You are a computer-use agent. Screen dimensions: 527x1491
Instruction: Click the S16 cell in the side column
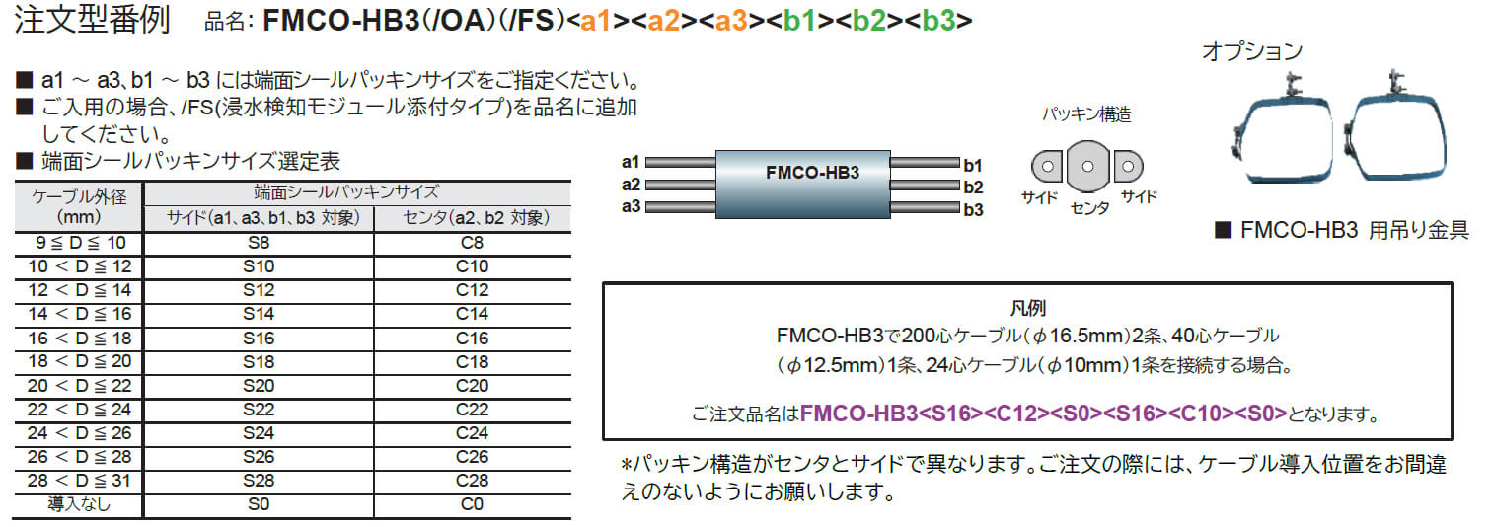point(259,339)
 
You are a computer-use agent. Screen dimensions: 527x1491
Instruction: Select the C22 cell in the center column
point(472,410)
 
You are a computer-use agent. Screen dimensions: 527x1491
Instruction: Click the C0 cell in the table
point(472,505)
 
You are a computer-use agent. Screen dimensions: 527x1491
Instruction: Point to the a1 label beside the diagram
point(632,162)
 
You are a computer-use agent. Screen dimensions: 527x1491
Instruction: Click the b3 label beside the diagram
point(973,209)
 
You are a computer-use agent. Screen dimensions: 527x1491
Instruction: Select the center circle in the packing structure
point(1087,167)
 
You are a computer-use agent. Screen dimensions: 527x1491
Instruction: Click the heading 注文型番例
point(93,22)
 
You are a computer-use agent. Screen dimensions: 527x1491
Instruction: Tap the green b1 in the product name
point(801,21)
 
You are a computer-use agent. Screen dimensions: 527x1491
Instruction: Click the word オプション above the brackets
point(1251,51)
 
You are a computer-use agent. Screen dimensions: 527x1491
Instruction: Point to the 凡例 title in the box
point(1026,309)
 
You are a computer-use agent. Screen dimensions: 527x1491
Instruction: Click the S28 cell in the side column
point(259,482)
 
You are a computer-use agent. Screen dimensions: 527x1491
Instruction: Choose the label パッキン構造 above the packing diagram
point(1086,114)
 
